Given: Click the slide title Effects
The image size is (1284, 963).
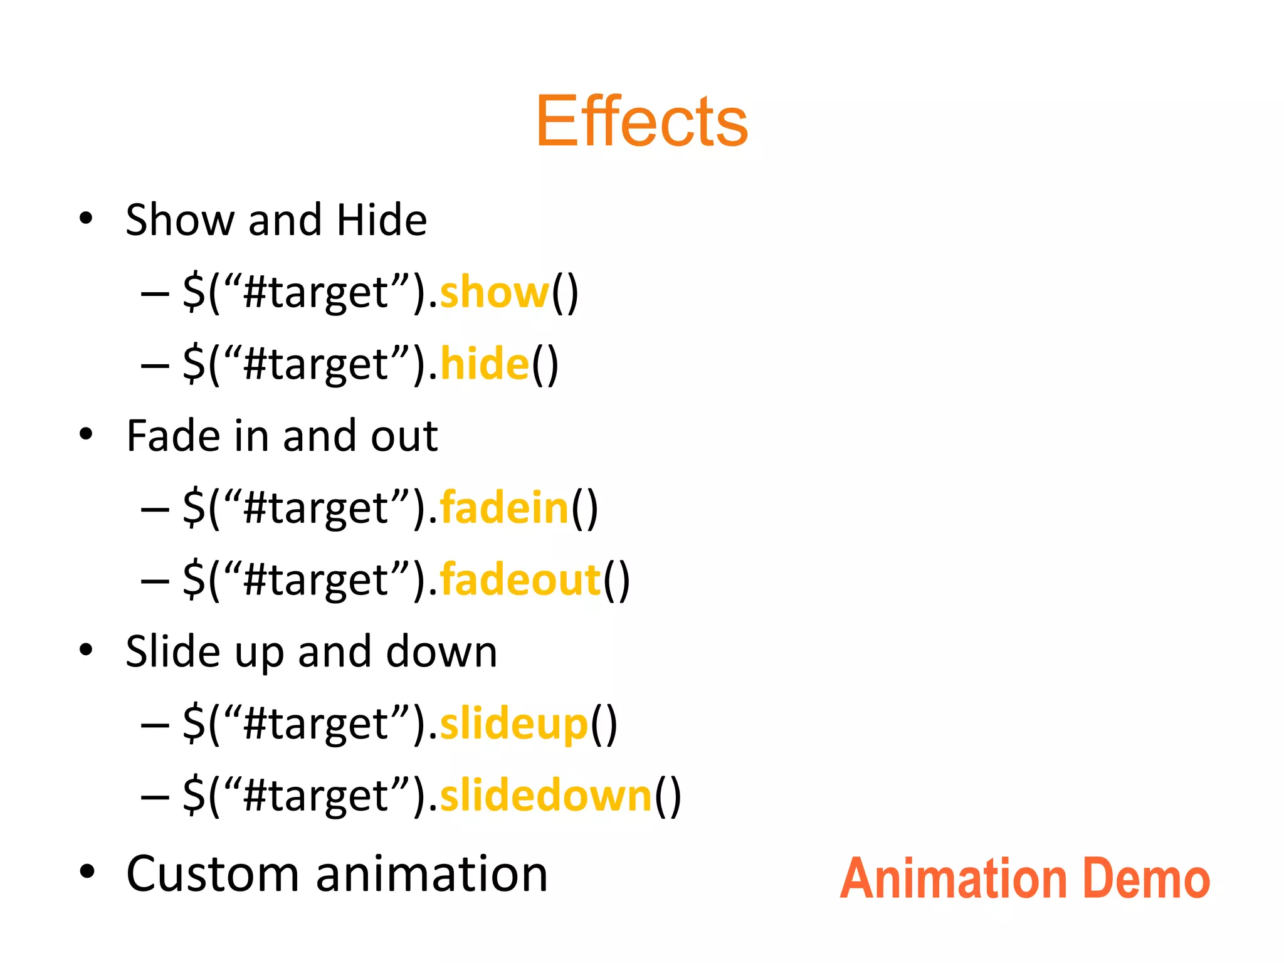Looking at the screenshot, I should click(x=641, y=121).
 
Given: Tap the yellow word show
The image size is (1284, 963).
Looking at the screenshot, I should click(x=494, y=292).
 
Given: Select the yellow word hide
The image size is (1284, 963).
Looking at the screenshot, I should click(x=485, y=364).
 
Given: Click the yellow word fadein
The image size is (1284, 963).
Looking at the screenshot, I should click(x=504, y=508).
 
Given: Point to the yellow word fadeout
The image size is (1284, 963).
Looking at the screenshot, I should click(x=520, y=580).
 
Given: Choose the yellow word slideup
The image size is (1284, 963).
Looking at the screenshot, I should click(x=514, y=724).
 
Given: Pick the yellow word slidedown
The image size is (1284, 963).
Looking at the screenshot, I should click(x=546, y=796).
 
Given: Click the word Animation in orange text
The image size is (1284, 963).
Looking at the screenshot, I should click(x=953, y=879).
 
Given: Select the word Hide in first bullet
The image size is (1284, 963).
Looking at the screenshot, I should click(x=381, y=220).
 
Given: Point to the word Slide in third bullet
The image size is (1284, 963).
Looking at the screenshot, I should click(x=173, y=652).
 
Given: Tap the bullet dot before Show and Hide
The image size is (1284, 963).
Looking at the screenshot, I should click(x=86, y=219).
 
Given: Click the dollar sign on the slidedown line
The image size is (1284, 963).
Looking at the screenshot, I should click(x=194, y=796).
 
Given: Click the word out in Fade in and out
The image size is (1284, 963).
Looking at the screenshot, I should click(x=404, y=436).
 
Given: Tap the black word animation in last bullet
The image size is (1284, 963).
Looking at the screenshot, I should click(x=431, y=874).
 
